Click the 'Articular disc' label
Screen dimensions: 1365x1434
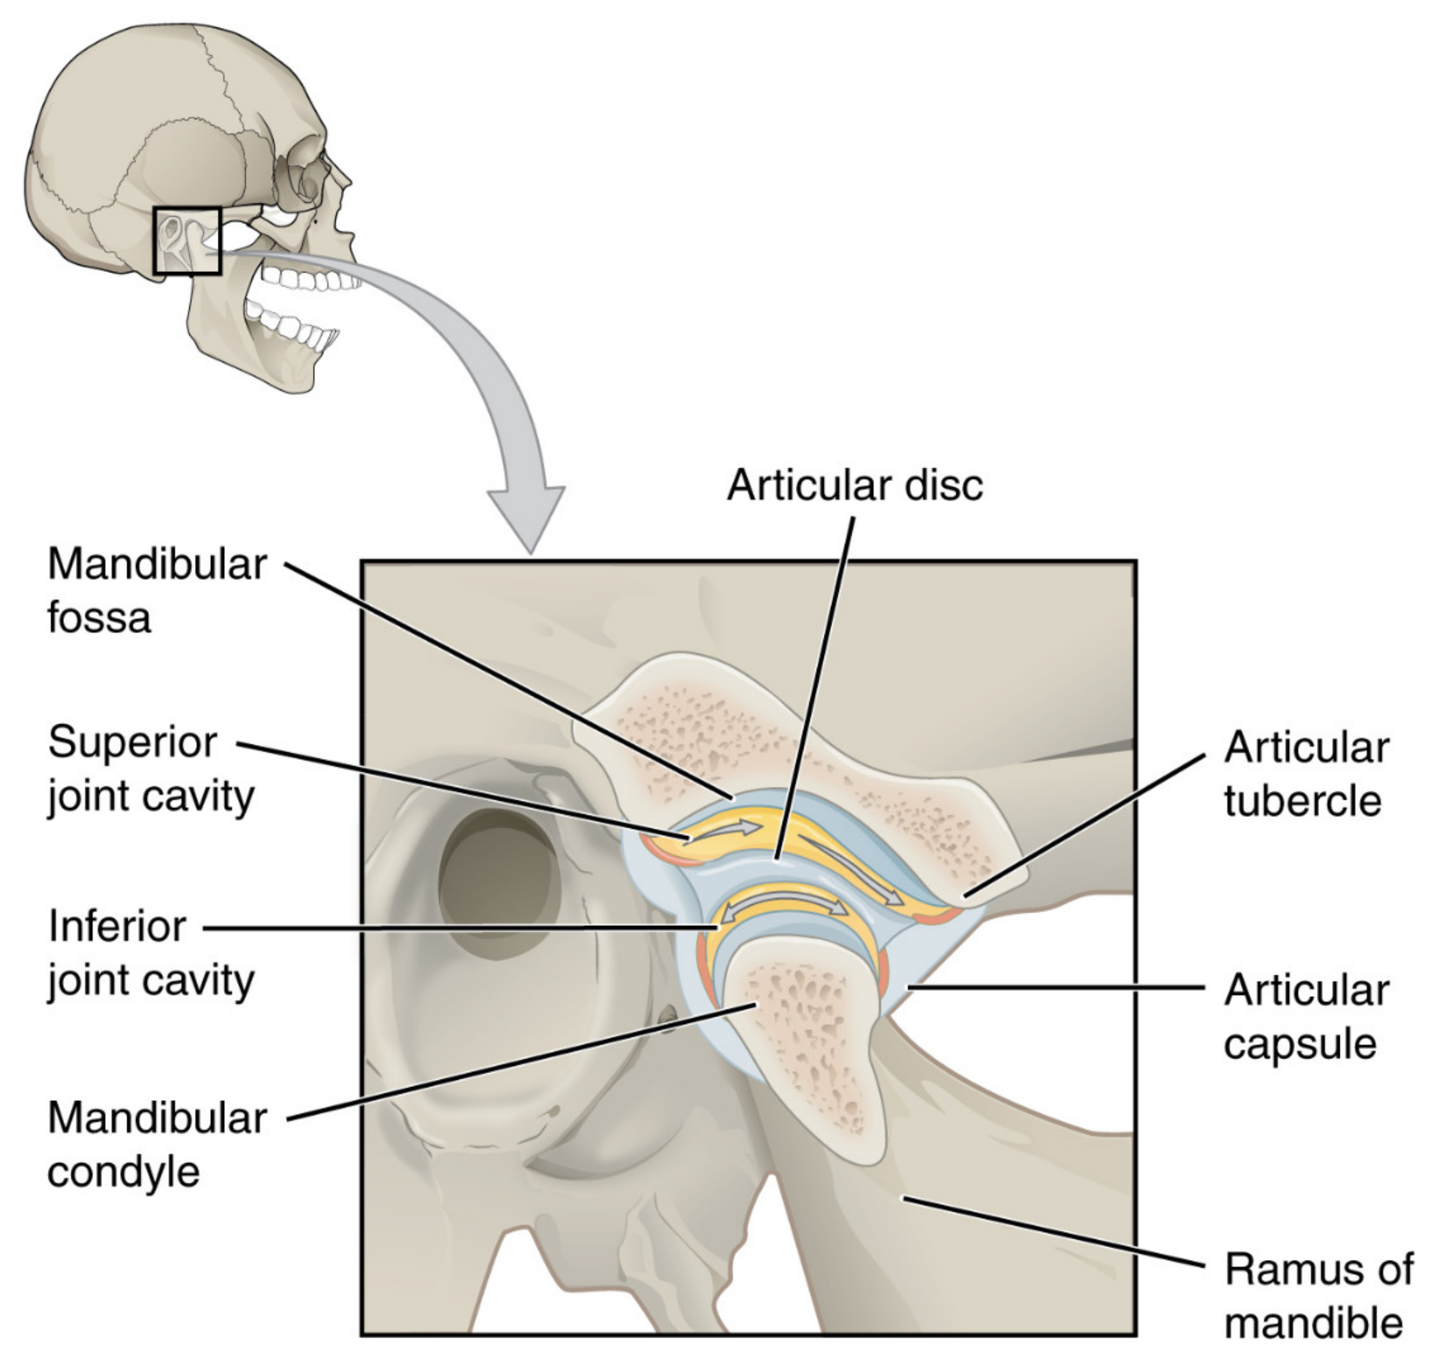point(855,485)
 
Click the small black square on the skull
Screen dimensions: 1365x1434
point(186,241)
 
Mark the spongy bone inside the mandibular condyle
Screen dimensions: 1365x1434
point(807,1033)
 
